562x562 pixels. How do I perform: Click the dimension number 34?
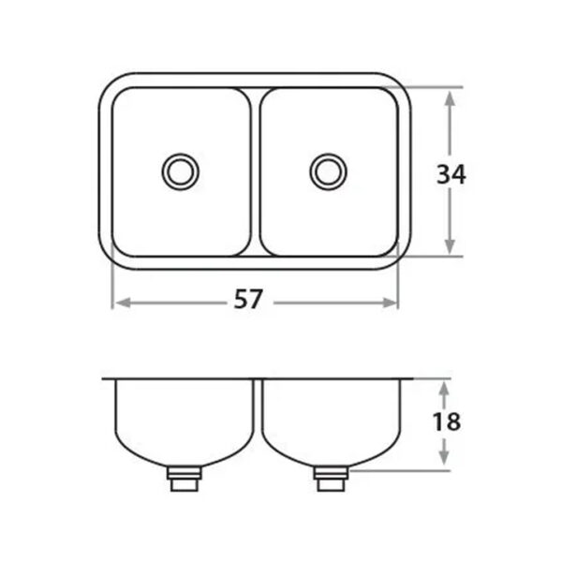(x=451, y=174)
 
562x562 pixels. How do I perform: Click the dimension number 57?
(x=248, y=300)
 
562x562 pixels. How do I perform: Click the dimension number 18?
(x=447, y=421)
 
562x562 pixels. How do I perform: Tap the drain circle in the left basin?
(x=180, y=171)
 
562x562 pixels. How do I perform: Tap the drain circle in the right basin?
(x=328, y=171)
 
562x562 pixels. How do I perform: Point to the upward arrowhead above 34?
(x=450, y=97)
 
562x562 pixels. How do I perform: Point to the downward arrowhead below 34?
(x=450, y=246)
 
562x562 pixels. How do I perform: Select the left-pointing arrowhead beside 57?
(x=123, y=303)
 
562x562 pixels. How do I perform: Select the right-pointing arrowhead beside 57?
(x=389, y=303)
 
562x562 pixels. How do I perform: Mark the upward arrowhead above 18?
(x=444, y=389)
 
